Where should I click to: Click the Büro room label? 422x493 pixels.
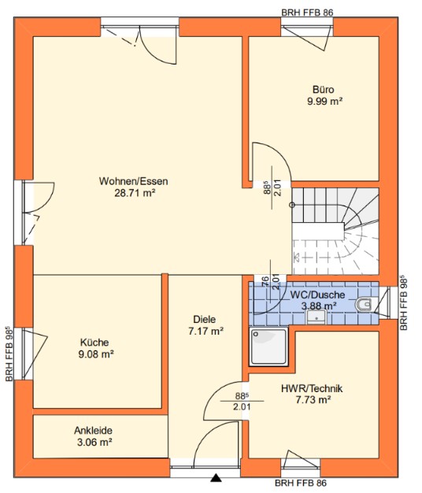(x=324, y=90)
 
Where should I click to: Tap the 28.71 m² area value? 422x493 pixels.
(x=135, y=193)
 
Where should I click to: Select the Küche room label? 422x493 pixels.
(x=94, y=343)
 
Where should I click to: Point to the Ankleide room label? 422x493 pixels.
(x=94, y=431)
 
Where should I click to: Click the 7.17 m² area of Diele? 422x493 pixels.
(x=205, y=332)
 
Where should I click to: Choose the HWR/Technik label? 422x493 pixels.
(x=312, y=388)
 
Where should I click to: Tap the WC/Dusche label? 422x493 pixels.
(x=317, y=295)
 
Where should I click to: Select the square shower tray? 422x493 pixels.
(x=268, y=347)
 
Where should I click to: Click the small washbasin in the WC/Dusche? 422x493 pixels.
(x=316, y=317)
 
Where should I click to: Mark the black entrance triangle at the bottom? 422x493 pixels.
(x=216, y=477)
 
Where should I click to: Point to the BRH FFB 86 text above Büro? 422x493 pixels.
(x=307, y=13)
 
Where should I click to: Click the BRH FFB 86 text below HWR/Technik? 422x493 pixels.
(x=301, y=483)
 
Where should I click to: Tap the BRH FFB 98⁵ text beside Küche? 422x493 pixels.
(x=9, y=354)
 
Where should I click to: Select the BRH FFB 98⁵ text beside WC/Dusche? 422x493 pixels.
(x=404, y=302)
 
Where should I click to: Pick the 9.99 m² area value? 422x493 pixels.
(x=324, y=102)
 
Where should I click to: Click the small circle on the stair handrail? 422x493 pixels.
(x=292, y=205)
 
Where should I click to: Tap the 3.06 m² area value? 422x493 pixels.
(x=94, y=443)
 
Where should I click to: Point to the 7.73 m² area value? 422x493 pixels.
(x=313, y=400)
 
